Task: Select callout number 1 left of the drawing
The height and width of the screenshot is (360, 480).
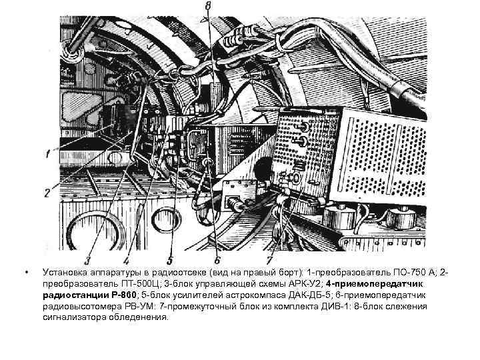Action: tap(47, 154)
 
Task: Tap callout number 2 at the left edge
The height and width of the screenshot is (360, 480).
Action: tap(47, 193)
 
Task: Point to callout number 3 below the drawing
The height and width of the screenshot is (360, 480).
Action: tap(87, 260)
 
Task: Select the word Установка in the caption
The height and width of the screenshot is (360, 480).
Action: tap(63, 273)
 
